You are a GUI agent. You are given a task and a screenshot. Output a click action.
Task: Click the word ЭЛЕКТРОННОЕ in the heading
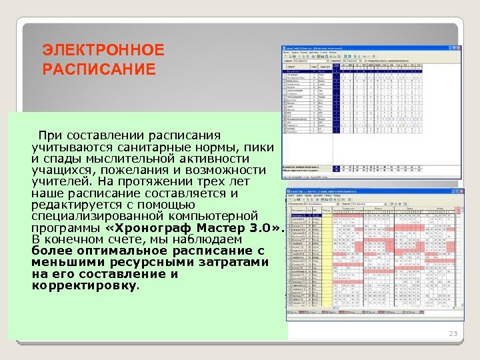coord(103,50)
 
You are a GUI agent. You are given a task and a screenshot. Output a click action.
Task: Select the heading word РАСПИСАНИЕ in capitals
coord(98,69)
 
